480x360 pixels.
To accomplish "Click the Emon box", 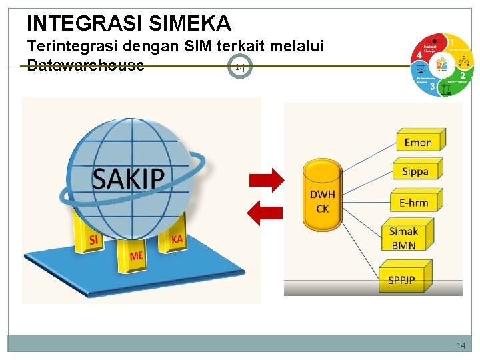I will coord(418,141).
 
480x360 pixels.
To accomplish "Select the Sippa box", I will coord(415,171).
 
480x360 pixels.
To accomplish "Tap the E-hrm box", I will coord(414,202).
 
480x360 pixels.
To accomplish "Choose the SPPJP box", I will coord(402,280).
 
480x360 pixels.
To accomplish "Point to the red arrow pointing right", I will coord(266,179).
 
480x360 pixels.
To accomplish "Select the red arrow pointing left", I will coord(265,213).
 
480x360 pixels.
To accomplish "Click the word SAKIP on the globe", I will coord(127,177).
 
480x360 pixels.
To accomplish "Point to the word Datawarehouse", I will coord(85,65).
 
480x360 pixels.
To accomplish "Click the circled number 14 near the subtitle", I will coord(241,67).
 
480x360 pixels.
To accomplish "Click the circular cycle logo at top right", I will coord(443,64).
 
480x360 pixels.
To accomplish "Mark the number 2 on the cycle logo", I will coord(463,75).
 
